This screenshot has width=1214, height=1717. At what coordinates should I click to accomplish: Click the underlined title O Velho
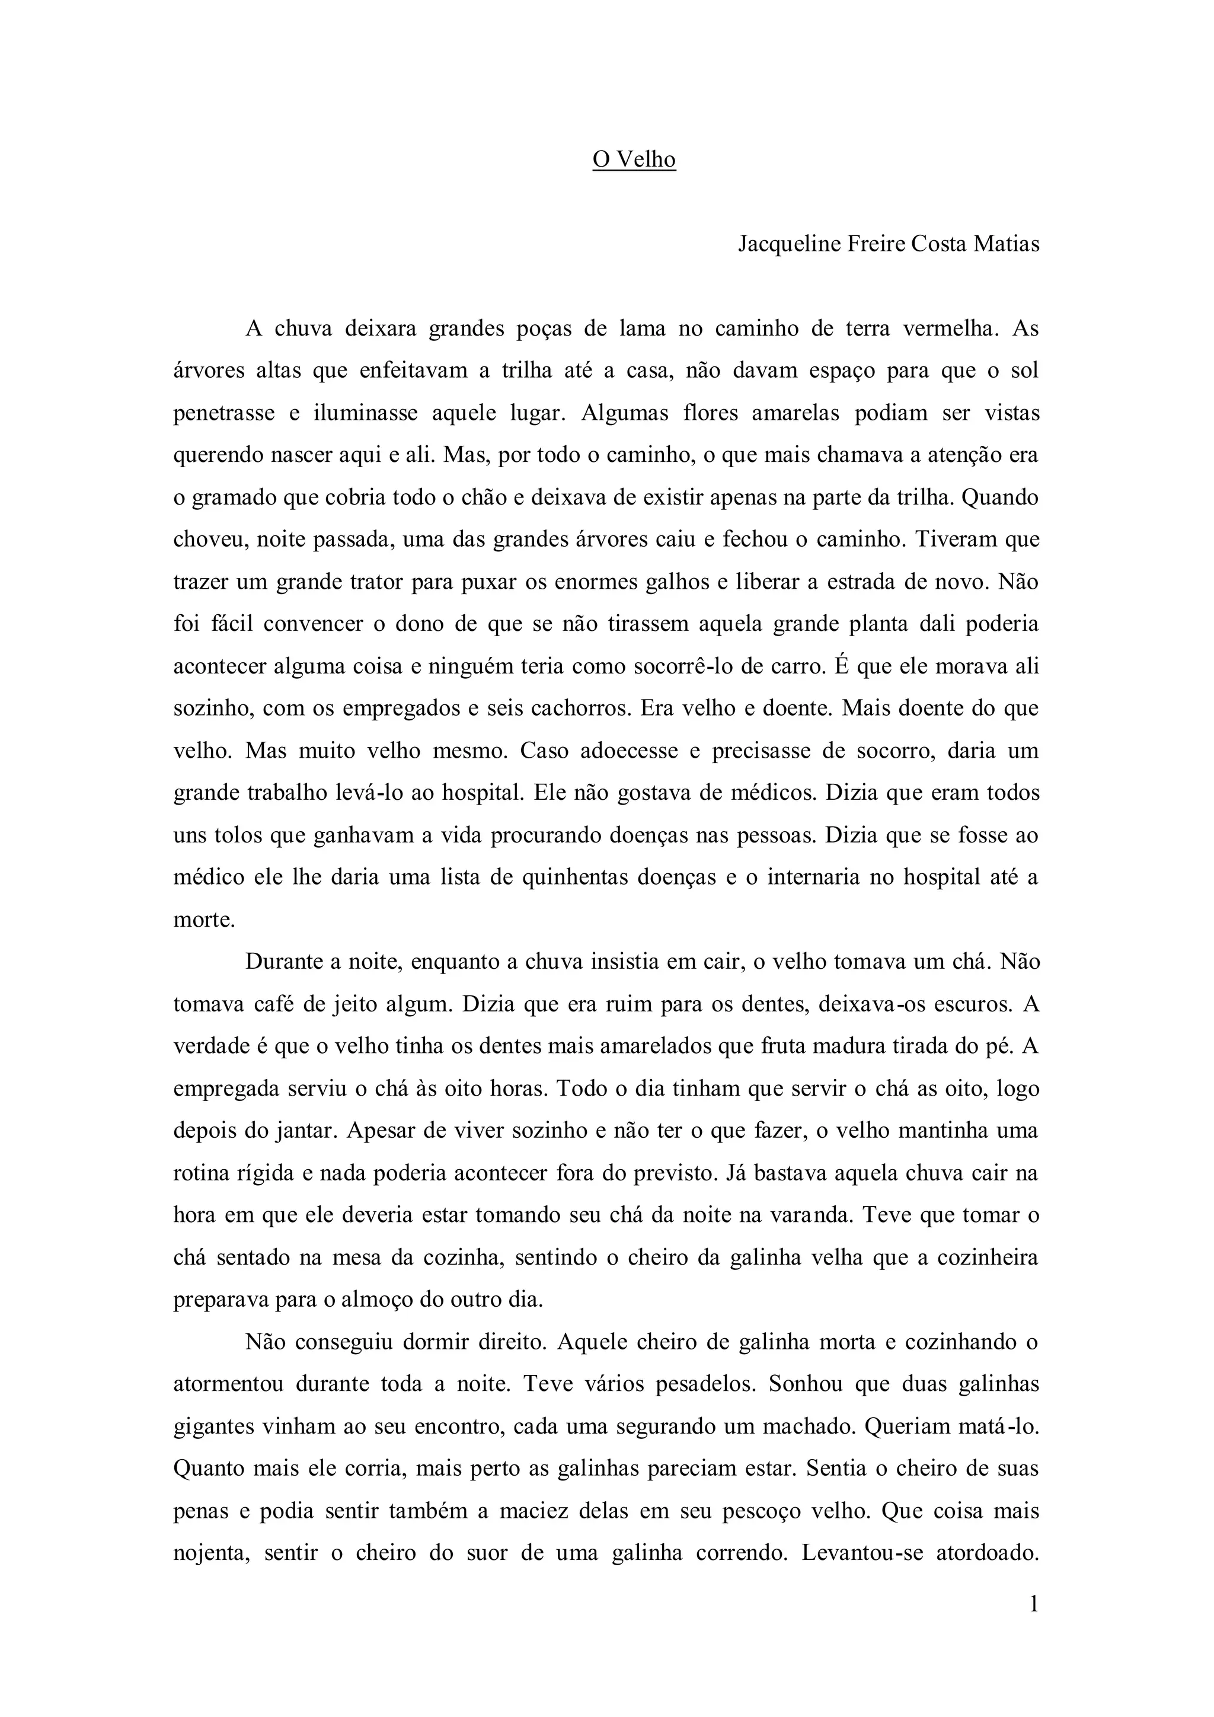click(x=634, y=160)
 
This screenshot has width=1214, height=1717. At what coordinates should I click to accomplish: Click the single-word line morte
click(x=203, y=920)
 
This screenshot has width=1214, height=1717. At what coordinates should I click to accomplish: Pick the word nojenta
click(x=209, y=1553)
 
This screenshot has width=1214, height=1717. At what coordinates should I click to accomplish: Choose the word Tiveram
click(x=956, y=540)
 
